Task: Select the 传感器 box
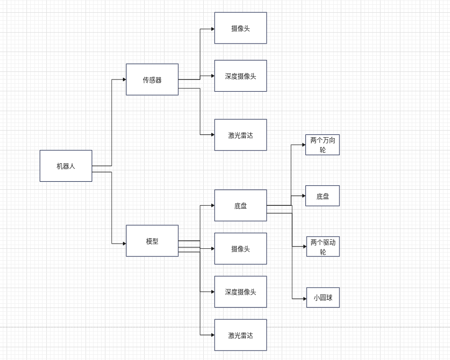[x=152, y=79]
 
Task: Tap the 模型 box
[x=152, y=241]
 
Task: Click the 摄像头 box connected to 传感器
[x=241, y=28]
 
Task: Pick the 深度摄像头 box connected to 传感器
[x=241, y=76]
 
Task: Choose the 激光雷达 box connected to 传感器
[x=241, y=135]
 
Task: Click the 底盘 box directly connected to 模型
[x=241, y=205]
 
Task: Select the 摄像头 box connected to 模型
[x=241, y=248]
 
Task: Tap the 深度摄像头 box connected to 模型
[x=241, y=292]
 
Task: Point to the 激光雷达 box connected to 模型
[x=241, y=335]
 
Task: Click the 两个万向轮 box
[x=322, y=145]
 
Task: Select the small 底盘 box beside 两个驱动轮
[x=322, y=196]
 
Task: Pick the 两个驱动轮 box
[x=323, y=246]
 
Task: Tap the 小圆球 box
[x=323, y=298]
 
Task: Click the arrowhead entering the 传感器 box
[x=124, y=79]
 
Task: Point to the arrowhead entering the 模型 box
[x=124, y=244]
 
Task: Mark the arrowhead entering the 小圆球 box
[x=305, y=299]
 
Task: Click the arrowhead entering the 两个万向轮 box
[x=304, y=145]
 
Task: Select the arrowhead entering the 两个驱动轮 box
[x=305, y=246]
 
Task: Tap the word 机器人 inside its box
[x=66, y=166]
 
